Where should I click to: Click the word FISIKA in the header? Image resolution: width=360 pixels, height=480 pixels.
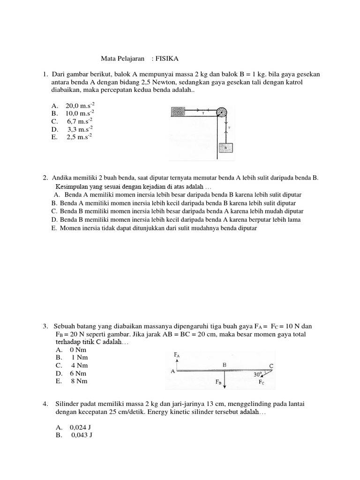[167, 59]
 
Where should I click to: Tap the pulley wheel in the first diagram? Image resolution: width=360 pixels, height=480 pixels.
[221, 112]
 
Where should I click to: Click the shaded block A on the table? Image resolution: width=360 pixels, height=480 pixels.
[179, 112]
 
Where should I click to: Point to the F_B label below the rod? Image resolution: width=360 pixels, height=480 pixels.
[218, 382]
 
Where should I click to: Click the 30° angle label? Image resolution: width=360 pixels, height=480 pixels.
[258, 375]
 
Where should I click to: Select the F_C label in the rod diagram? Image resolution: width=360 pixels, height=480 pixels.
[261, 382]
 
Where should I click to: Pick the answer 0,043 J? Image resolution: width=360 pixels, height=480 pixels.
[82, 435]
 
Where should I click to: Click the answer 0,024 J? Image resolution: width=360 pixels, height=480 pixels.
[81, 427]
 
